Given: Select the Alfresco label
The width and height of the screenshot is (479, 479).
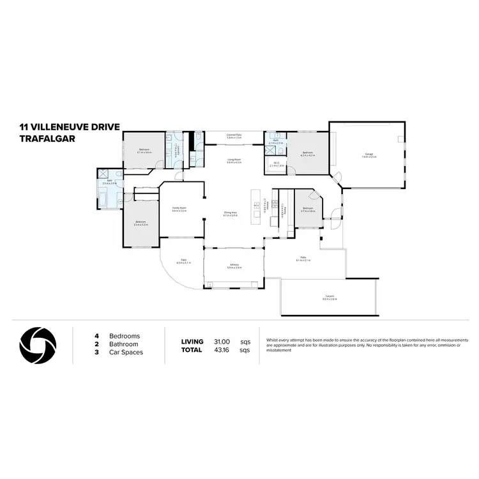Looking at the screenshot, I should pos(234,266).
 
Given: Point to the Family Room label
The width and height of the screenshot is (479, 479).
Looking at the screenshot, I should pos(179,209).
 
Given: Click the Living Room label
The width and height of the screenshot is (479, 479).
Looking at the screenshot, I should pos(234,160).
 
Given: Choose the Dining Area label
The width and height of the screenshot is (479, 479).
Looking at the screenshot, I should pos(230,214).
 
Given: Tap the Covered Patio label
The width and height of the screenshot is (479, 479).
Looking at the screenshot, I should pos(234,135).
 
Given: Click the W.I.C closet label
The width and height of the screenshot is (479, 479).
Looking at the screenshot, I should pos(276,164).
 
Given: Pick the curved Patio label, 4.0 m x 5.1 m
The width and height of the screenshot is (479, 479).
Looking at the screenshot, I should pos(183,261).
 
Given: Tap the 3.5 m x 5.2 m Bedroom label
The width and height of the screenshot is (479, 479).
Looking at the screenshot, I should pos(141,223).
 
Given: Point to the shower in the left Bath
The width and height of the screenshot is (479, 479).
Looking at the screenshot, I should pos(103,174).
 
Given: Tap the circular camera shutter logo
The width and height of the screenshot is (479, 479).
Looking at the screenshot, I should pos(38,344).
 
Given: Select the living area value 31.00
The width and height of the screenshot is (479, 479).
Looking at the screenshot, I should pos(222,342).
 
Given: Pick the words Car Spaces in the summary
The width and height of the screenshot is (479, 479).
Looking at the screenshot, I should pos(126,352).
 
